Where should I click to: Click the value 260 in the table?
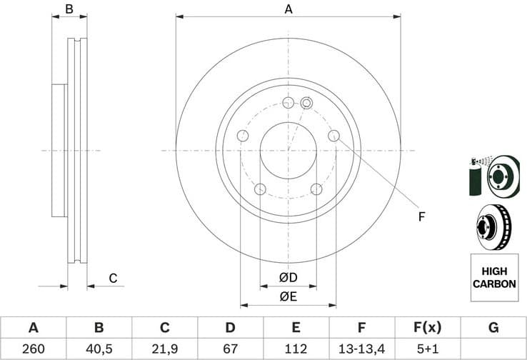click(x=33, y=349)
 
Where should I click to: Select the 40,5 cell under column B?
click(x=99, y=349)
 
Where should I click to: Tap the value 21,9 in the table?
click(x=164, y=349)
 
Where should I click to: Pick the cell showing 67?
click(x=230, y=349)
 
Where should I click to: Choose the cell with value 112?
click(x=296, y=349)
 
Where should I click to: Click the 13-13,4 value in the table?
click(x=362, y=349)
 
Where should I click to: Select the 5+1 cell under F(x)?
click(x=428, y=349)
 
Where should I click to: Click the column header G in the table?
click(x=493, y=328)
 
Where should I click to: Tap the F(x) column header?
click(x=428, y=328)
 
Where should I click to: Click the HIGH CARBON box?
click(x=493, y=278)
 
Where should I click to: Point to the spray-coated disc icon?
click(x=493, y=175)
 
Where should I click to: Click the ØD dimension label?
click(x=288, y=277)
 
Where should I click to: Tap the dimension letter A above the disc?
click(x=288, y=9)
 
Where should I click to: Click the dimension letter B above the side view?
click(x=69, y=9)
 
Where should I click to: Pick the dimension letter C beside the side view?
click(x=112, y=278)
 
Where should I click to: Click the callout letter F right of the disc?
click(x=421, y=215)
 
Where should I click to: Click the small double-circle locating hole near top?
click(x=306, y=103)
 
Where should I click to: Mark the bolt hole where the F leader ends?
click(x=333, y=136)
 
